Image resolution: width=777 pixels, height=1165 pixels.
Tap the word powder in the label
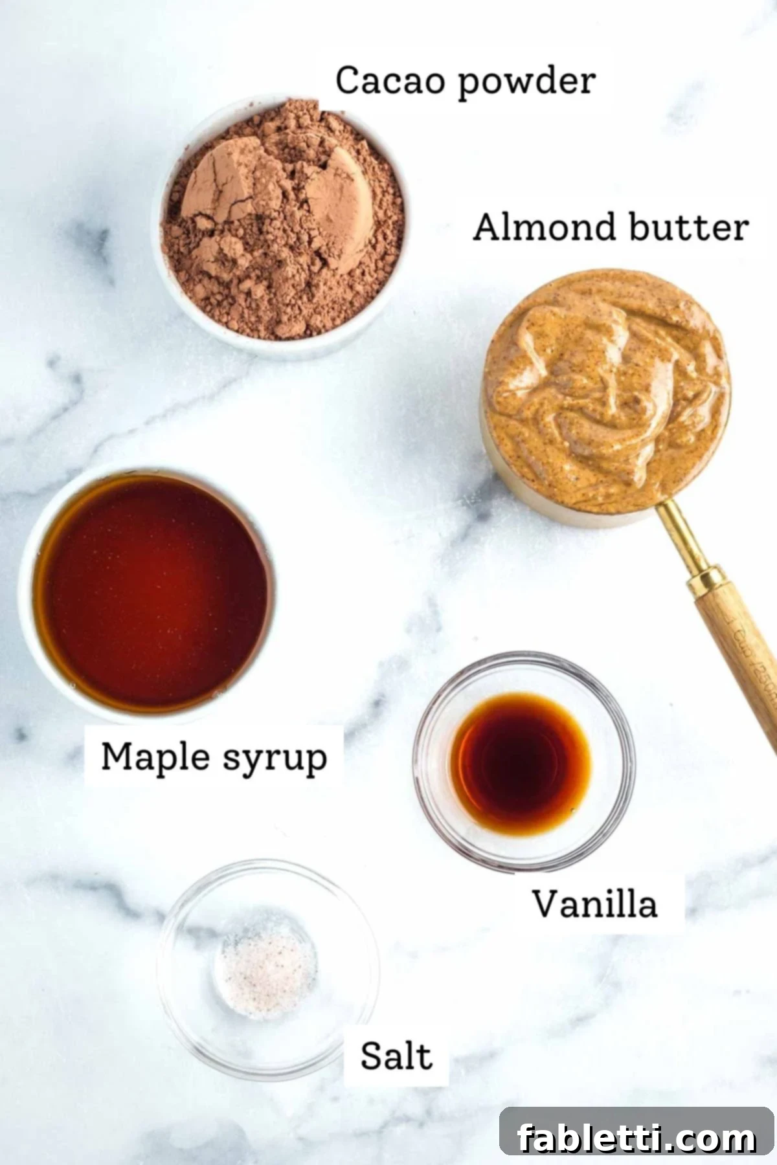point(526,83)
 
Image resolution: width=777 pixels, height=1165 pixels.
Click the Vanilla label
point(594,904)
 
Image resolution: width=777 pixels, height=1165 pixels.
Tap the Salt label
point(396,1056)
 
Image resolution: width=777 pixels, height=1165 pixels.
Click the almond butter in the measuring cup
point(605,388)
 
